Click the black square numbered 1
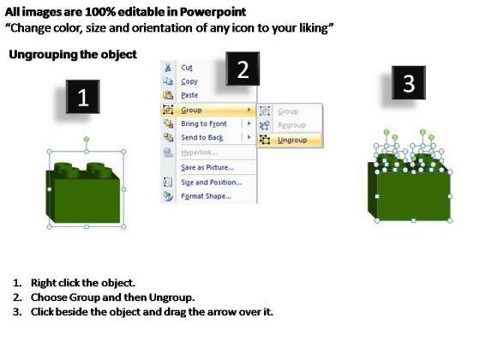pos(82,97)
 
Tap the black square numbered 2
pos(243,69)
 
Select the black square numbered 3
pos(409,82)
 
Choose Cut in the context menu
pos(187,68)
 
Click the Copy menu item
pos(189,81)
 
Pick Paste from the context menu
pos(189,95)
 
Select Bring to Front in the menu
pos(204,123)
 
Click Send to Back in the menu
pos(202,137)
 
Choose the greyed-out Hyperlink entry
pos(199,153)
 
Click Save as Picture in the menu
pos(207,167)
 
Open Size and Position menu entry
pos(211,183)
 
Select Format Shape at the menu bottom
pos(206,196)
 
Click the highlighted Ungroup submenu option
pos(292,141)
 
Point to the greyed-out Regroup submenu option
pos(291,125)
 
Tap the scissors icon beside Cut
pos(168,68)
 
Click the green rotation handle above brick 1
pos(87,139)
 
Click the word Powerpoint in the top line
pos(213,12)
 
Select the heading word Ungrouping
pos(43,55)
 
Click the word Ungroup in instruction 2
pos(171,297)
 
